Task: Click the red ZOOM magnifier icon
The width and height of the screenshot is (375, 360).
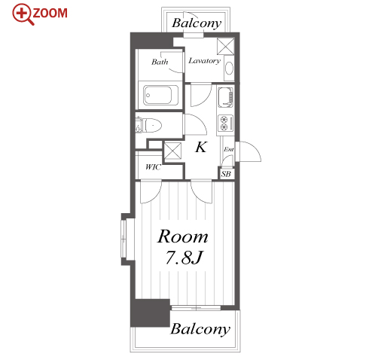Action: pos(22,14)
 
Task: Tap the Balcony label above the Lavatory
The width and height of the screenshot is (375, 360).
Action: pos(197,23)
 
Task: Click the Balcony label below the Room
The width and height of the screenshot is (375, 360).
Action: pos(200,328)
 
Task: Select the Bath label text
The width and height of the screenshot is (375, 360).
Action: pos(160,62)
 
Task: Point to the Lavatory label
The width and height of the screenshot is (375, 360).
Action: pos(204,61)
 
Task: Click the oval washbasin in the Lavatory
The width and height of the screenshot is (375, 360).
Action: pos(229,69)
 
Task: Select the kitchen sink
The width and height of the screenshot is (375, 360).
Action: pos(225,97)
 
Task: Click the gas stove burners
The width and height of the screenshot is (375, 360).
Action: pos(225,123)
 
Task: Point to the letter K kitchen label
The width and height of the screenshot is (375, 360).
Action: pos(201,147)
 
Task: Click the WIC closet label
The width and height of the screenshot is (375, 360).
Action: pos(153,166)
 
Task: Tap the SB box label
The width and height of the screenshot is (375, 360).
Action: pos(226,174)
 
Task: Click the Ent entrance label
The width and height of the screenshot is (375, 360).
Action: pos(228,149)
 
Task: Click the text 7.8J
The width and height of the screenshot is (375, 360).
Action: pos(184,257)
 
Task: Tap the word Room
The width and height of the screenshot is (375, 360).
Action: pos(182,236)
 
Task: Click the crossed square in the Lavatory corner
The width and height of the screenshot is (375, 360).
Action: pos(226,47)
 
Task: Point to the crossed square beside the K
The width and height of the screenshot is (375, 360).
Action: pos(172,151)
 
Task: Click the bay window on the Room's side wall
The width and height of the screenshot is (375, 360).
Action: pos(124,239)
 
